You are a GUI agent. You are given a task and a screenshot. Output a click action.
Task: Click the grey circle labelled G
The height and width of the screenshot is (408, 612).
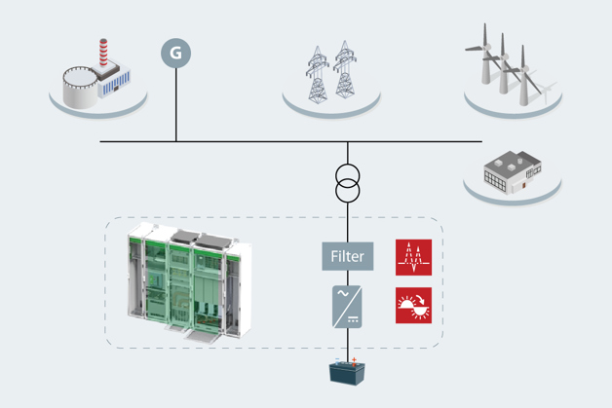(x=175, y=54)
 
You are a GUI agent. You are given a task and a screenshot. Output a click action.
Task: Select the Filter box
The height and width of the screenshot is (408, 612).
(x=347, y=256)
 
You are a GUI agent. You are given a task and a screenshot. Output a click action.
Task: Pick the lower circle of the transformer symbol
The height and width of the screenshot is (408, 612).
(x=347, y=190)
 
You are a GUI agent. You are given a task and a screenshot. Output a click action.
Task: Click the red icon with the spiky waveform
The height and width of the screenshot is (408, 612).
(x=413, y=256)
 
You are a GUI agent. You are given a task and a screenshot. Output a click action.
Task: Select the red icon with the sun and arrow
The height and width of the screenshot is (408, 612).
(x=413, y=305)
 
